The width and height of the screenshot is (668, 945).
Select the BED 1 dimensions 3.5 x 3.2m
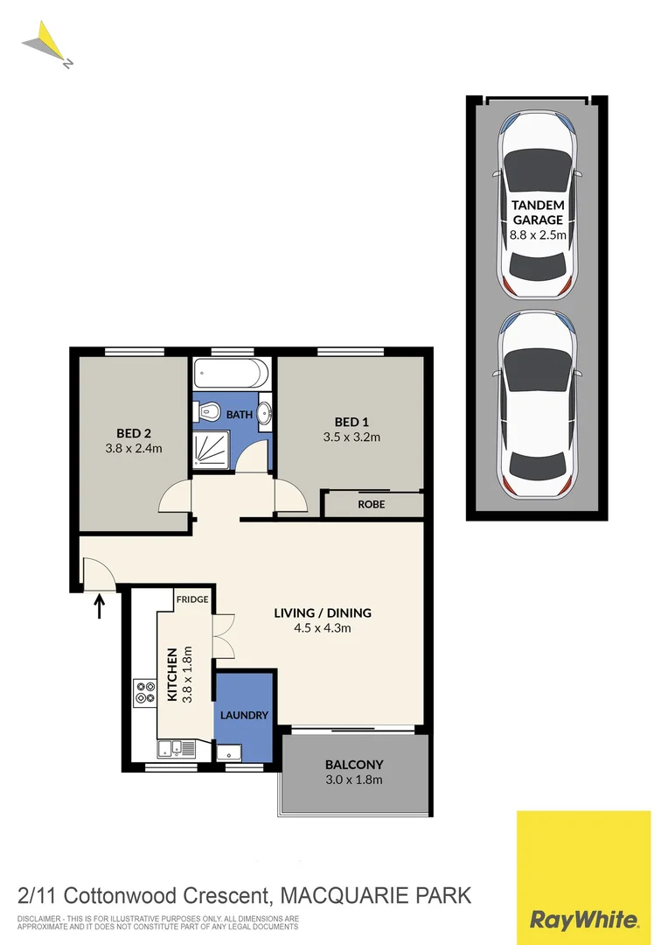pos(351,437)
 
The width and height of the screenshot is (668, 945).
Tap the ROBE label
pos(372,505)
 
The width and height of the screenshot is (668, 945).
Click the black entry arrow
pos(99,605)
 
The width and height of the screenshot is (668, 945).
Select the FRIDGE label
pos(191,599)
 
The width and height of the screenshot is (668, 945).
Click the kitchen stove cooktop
pos(143,693)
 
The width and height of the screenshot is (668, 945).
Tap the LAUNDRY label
pos(244,715)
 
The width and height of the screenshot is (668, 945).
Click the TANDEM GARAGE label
pos(537,213)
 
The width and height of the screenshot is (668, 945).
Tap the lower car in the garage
pos(537,404)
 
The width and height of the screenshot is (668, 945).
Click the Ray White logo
pos(583,878)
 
